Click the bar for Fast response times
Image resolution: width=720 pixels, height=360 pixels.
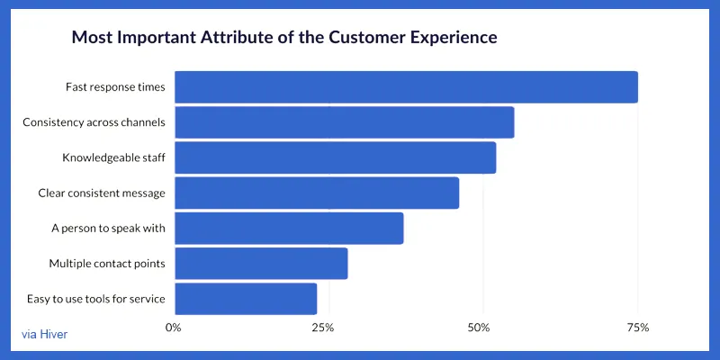point(405,87)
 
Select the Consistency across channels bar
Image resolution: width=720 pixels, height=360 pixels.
point(344,122)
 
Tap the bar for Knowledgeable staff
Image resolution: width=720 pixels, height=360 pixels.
point(335,157)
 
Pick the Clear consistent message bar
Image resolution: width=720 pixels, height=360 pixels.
point(316,193)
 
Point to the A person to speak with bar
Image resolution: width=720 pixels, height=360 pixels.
point(288,229)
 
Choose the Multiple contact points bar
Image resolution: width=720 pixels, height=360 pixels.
point(260,264)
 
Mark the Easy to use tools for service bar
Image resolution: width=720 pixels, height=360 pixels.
point(245,299)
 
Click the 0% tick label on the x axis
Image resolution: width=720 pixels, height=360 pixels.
point(174,328)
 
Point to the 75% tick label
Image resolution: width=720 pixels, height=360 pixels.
point(637,328)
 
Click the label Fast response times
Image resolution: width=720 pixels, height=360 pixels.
point(115,87)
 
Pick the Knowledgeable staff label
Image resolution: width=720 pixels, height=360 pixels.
point(113,157)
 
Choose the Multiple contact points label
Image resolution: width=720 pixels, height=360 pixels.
point(107,264)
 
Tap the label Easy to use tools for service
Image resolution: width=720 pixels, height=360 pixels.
point(95,299)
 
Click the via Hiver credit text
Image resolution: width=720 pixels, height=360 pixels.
point(44,335)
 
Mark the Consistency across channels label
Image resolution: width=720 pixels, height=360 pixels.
point(94,122)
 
